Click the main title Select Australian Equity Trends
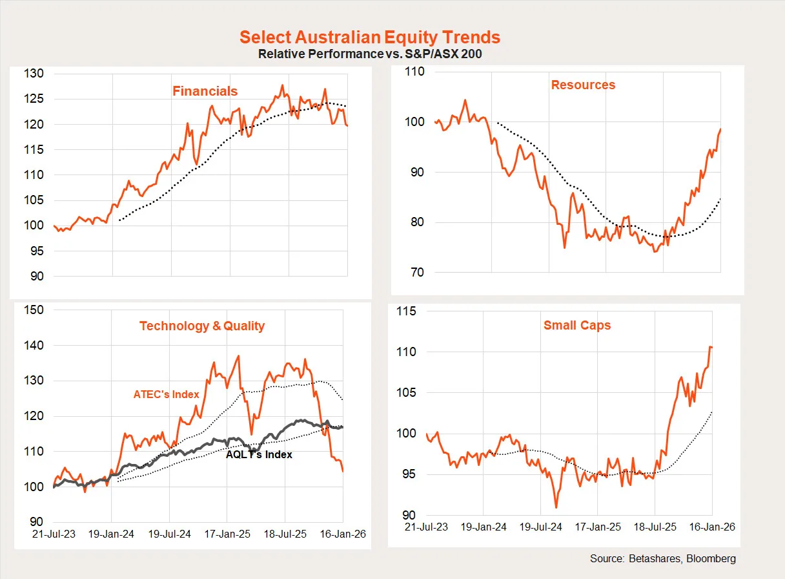(370, 37)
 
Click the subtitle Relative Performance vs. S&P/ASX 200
(370, 54)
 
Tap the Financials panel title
(205, 91)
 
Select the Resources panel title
(583, 85)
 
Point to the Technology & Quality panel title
(202, 326)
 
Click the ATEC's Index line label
(167, 394)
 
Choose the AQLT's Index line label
(259, 454)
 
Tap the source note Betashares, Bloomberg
(663, 558)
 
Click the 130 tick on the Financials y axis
(34, 74)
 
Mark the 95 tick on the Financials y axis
(36, 251)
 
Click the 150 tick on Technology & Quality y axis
(34, 310)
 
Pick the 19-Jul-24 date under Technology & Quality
(169, 534)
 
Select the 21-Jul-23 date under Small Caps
(427, 527)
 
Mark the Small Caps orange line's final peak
(710, 347)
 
